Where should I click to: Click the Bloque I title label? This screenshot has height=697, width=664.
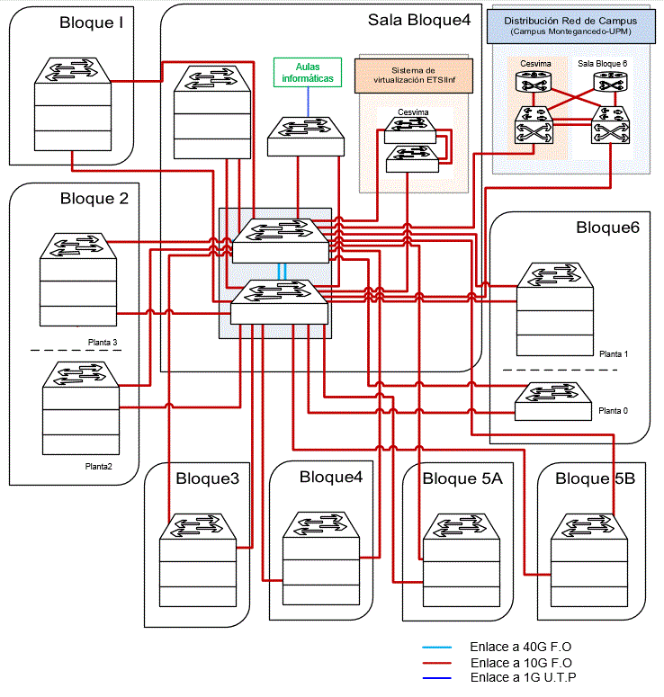point(91,22)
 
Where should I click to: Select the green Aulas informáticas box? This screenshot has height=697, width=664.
point(308,72)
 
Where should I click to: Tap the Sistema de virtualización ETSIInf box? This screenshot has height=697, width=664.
point(414,76)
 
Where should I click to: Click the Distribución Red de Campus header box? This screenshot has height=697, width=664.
point(570,26)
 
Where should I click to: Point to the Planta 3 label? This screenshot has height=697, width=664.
point(103,343)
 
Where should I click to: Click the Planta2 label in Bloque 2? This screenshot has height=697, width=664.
point(98,466)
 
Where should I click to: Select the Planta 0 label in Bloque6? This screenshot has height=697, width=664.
point(613,411)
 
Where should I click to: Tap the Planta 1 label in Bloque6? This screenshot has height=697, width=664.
point(614,353)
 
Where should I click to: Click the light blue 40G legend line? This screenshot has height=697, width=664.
point(436,648)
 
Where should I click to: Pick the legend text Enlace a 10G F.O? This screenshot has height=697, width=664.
point(521,663)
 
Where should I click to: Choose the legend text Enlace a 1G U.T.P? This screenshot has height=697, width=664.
point(523,677)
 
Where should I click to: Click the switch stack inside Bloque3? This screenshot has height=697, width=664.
point(198,560)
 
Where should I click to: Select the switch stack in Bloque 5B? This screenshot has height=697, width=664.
point(589,560)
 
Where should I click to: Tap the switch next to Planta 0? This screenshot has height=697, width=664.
point(553,401)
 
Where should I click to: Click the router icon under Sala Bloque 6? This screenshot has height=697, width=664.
point(611,82)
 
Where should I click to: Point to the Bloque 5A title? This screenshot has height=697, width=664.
point(462,478)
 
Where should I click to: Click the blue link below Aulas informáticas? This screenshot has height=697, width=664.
point(308,102)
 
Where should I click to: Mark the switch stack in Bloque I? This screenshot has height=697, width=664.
point(73,104)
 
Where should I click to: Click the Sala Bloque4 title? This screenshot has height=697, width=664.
point(419,20)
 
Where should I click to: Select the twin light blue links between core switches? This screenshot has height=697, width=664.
point(282,272)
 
